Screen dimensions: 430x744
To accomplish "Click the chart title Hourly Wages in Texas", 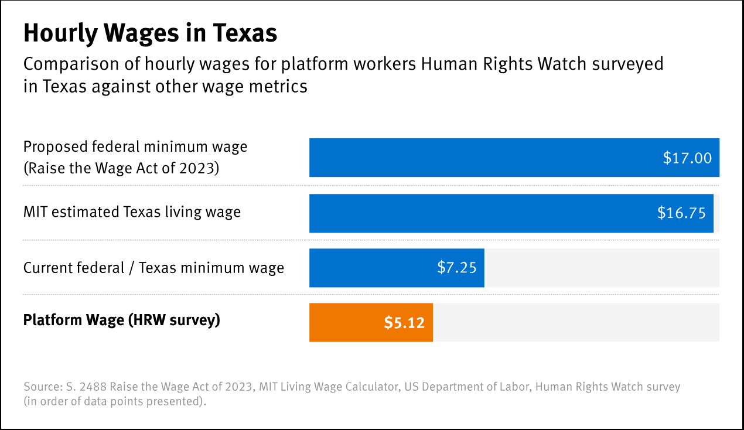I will (150, 33).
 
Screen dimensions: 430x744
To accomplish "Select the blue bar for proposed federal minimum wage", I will (480, 158).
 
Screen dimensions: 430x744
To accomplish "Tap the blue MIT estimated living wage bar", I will (480, 213).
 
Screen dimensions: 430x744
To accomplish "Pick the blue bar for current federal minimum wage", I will (375, 268).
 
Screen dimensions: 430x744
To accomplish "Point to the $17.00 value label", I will (687, 158).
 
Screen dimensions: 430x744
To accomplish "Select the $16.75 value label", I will (681, 213).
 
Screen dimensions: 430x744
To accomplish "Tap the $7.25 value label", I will (457, 268).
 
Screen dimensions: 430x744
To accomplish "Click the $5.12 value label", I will (404, 322).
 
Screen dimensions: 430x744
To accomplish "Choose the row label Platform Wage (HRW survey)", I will (122, 320).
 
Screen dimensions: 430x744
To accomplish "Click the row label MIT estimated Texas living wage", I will (132, 211).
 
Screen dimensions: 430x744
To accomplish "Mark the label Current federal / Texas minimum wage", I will (153, 268).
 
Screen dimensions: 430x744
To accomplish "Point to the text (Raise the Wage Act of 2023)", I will (121, 168).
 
